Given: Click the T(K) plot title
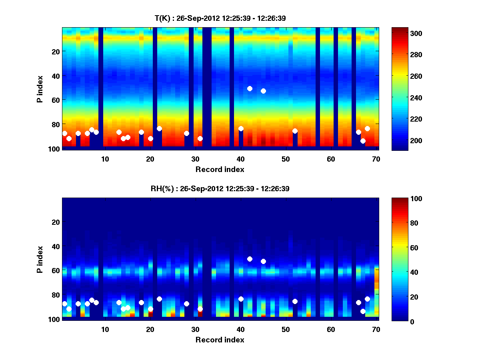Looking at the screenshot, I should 220,18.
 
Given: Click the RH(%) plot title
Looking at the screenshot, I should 220,189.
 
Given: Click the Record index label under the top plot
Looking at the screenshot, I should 220,170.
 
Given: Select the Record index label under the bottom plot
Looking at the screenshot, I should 220,340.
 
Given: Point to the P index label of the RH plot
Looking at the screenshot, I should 40,259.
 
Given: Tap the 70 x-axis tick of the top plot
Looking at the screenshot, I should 376,159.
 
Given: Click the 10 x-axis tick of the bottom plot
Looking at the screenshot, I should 105,329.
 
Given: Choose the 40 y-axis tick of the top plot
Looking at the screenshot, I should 55,76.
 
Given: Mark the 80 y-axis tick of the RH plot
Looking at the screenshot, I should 55,295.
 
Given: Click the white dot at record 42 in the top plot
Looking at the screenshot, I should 250,88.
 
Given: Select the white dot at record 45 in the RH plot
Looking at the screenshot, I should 263,261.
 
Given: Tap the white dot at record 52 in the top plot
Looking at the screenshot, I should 295,131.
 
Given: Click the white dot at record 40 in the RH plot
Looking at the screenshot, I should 241,299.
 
